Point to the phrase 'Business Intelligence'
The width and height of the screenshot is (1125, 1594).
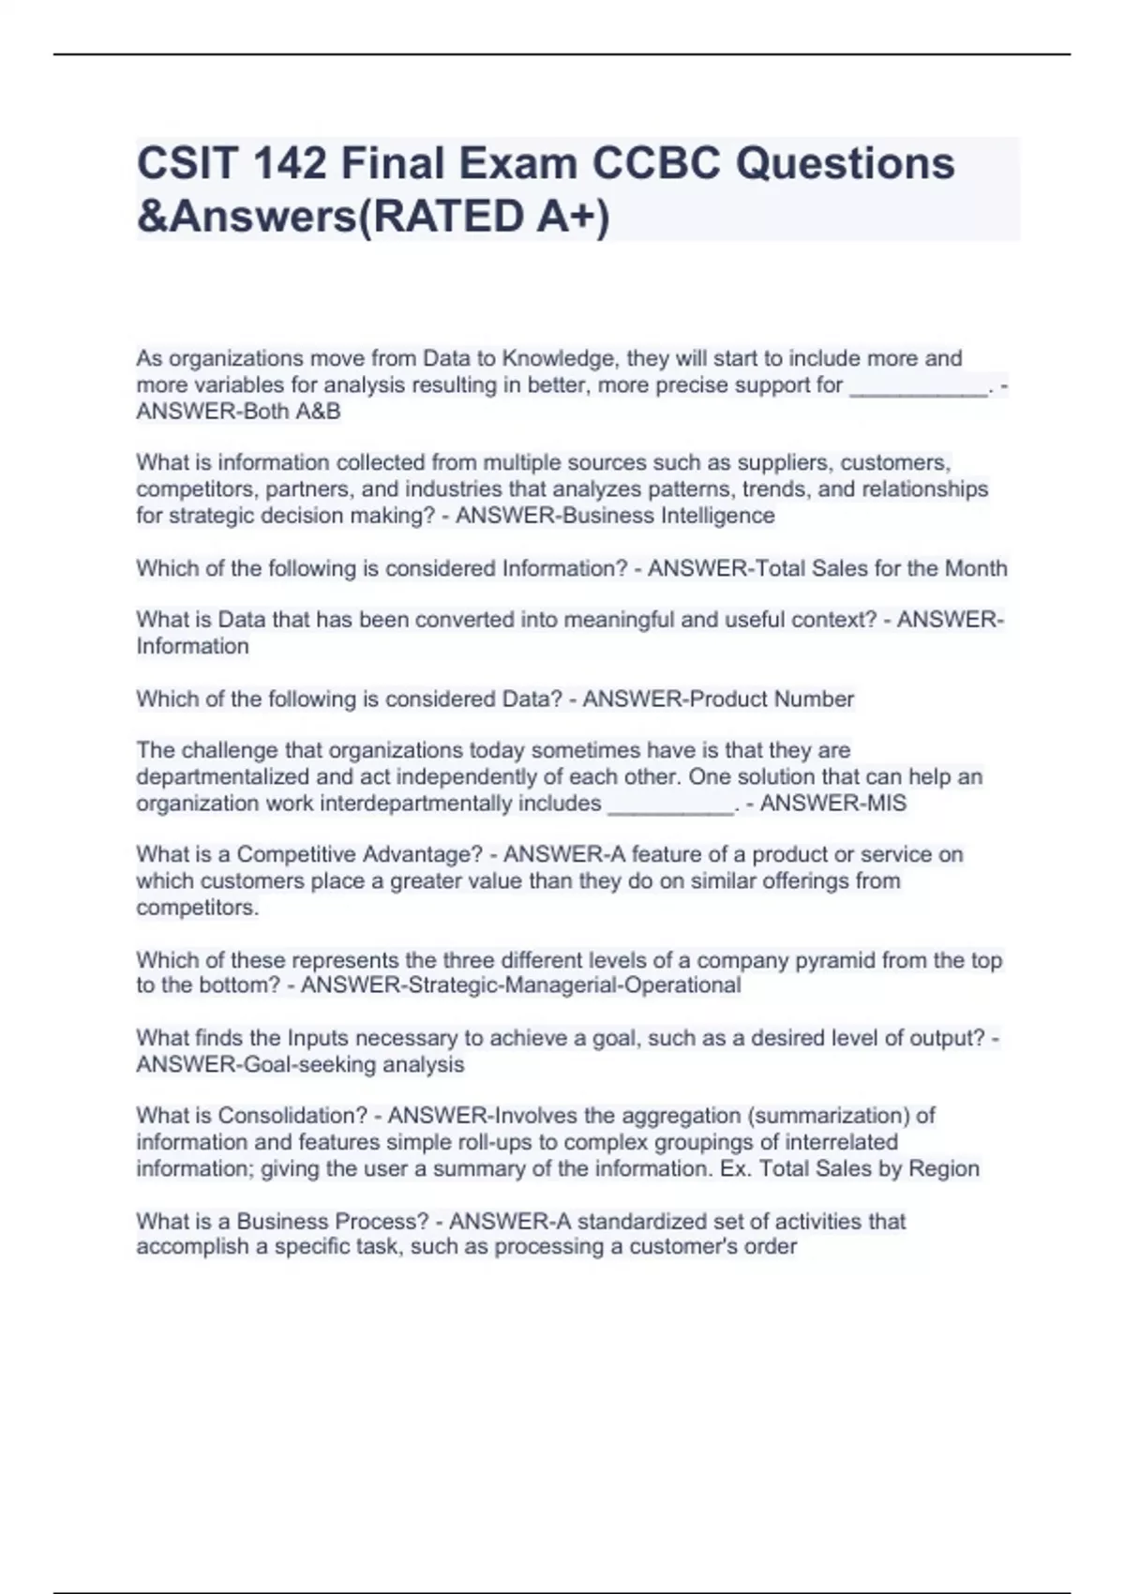coord(668,516)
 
